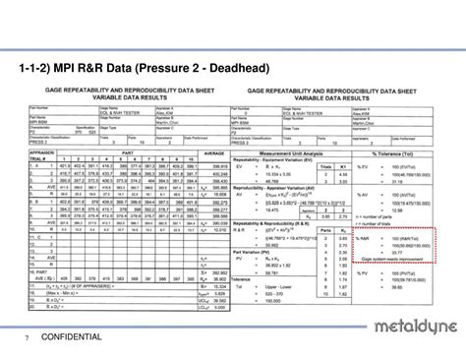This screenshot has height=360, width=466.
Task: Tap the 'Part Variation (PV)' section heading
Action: coord(258,251)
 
